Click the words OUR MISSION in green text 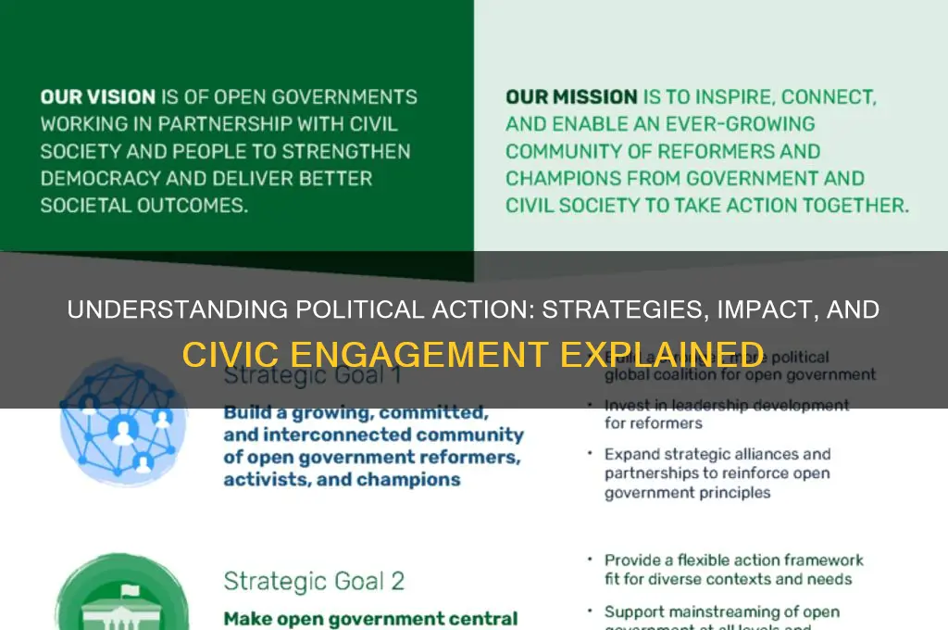coord(571,96)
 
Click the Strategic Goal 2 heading coord(314,581)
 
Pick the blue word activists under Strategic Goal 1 coord(261,480)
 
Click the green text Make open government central coord(370,618)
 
